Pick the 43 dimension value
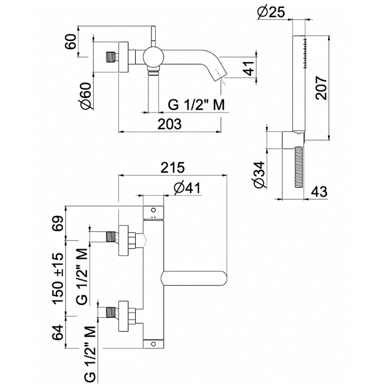point(318,192)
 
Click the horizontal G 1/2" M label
point(196,105)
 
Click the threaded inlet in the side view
point(111,58)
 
